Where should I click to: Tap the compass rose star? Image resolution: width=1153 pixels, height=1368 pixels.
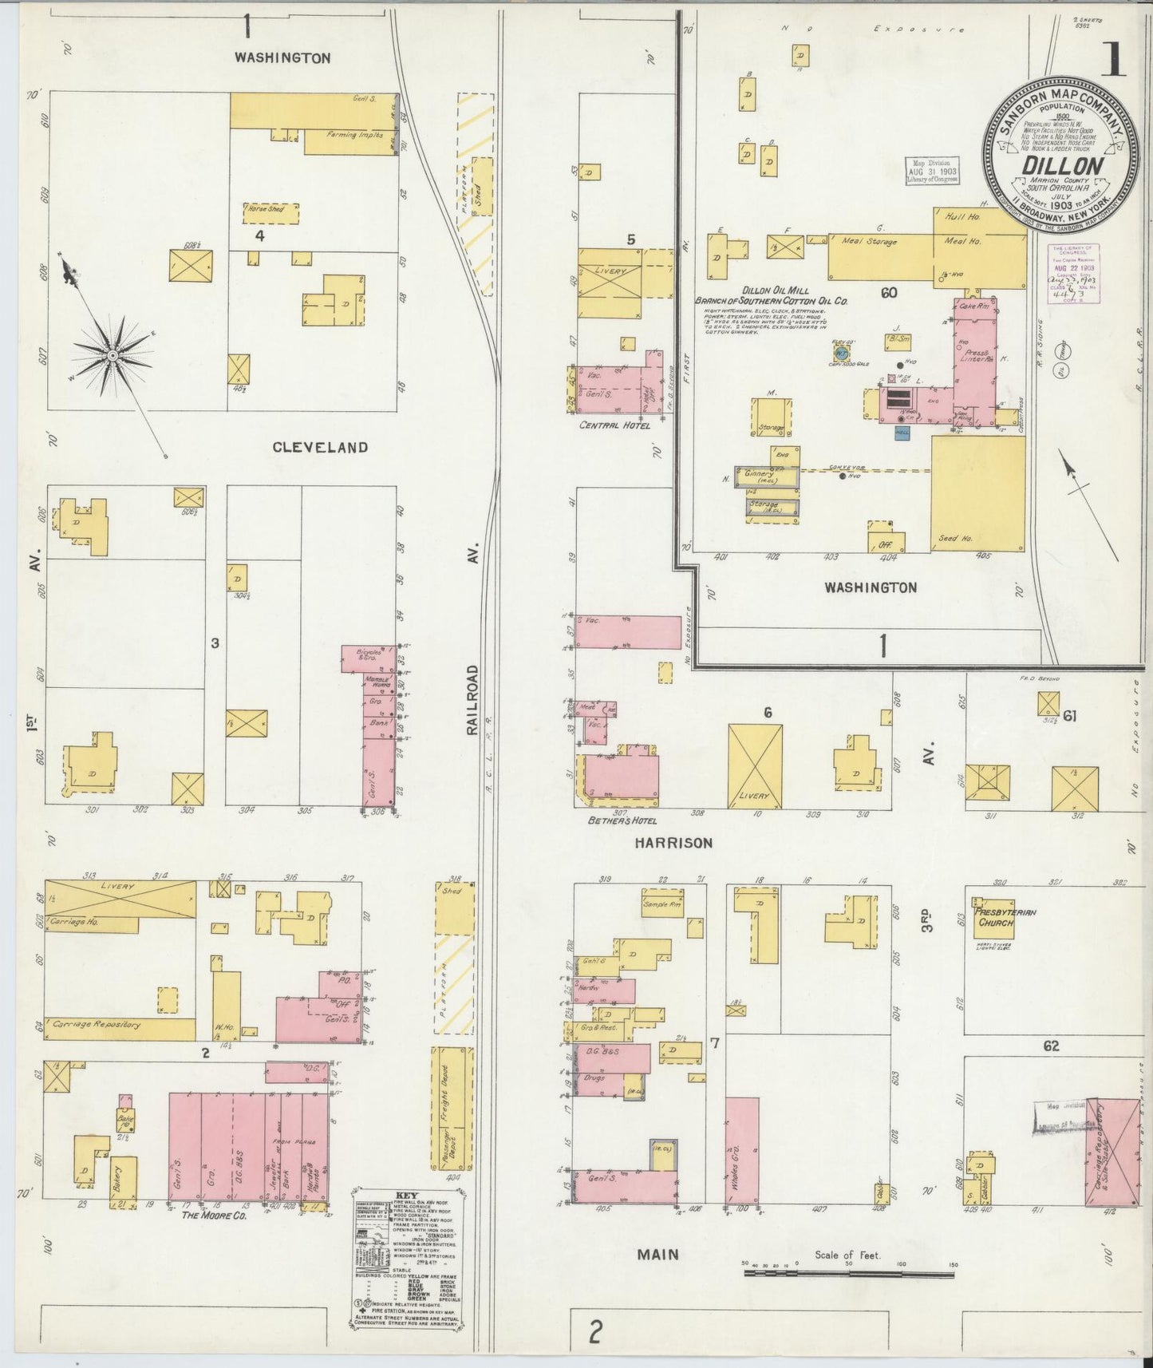113,354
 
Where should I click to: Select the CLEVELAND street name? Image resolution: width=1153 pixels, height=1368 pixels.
320,447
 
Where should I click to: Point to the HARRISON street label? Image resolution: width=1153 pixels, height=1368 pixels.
673,843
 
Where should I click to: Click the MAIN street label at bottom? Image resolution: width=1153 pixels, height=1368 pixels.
657,1254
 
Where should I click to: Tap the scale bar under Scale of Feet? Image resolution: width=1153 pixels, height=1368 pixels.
848,1275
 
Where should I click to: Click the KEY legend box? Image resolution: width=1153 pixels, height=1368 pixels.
408,1259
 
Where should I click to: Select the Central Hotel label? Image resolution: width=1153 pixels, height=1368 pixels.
614,425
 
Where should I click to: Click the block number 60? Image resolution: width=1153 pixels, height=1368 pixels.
889,293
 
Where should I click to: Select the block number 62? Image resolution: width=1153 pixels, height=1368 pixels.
1050,1046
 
